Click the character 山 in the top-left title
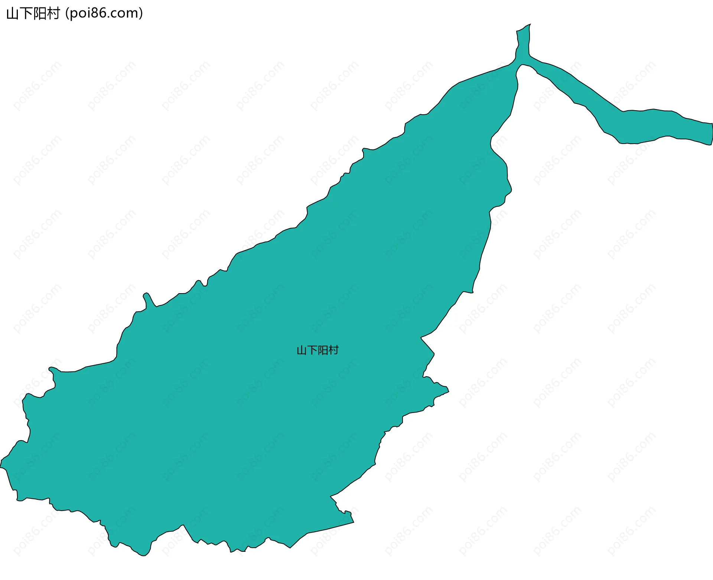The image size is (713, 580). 13,14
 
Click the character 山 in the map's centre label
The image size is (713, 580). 302,350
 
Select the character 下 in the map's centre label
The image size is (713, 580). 312,350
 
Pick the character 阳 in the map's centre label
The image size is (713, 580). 323,350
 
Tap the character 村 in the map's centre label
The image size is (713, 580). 333,350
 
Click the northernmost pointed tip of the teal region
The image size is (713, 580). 530,24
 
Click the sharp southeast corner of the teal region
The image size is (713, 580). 353,522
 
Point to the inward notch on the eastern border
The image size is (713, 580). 422,338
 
